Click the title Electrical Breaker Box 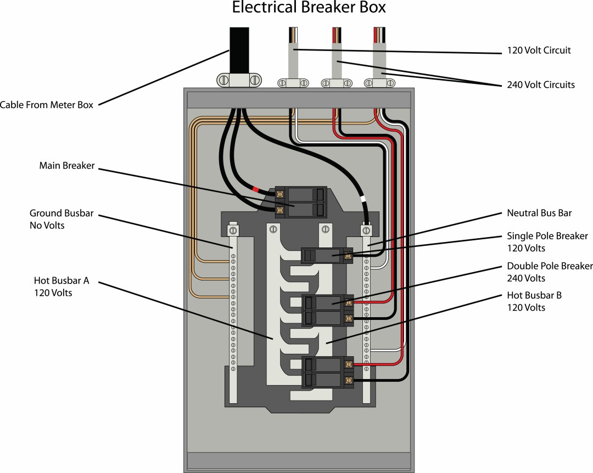(309, 8)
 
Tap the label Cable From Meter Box (47, 105)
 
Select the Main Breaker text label (67, 165)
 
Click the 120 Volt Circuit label (539, 50)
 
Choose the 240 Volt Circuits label (541, 85)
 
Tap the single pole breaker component (327, 255)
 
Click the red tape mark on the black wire (255, 190)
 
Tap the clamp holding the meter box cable (239, 80)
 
